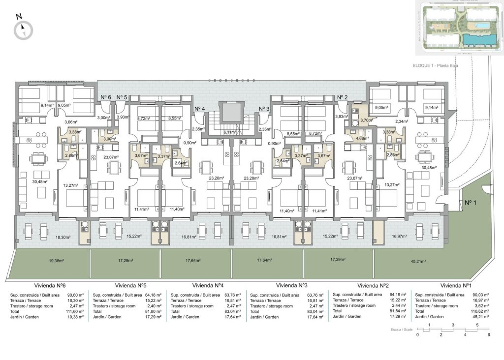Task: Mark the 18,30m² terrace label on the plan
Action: coord(63,237)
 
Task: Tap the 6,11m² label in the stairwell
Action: coord(230,132)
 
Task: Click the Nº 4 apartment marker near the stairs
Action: coord(200,109)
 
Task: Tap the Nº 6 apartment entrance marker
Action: coord(106,97)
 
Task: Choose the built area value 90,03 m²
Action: coord(477,295)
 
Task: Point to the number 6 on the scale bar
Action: coord(489,335)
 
